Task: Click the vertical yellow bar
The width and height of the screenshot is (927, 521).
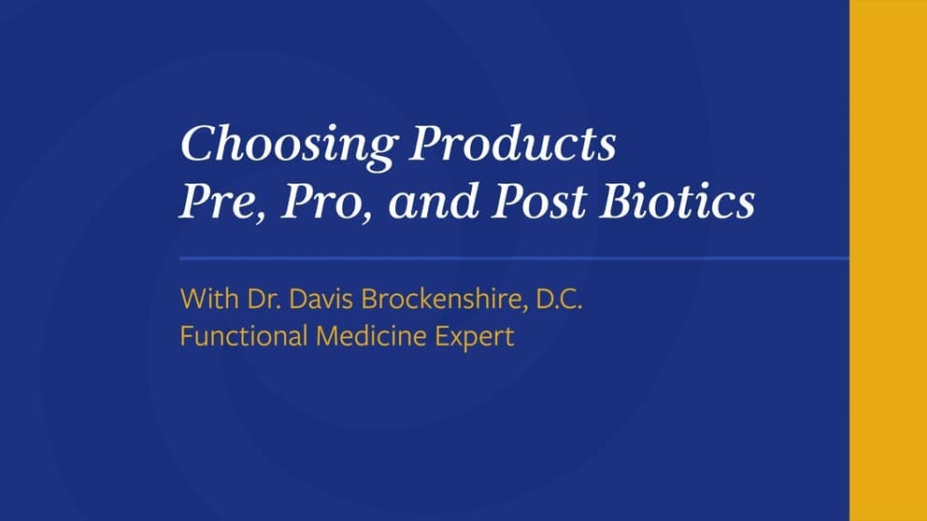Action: (x=888, y=260)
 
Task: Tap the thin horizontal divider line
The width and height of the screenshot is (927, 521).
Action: (x=514, y=257)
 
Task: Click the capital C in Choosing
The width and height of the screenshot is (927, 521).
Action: (x=195, y=146)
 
